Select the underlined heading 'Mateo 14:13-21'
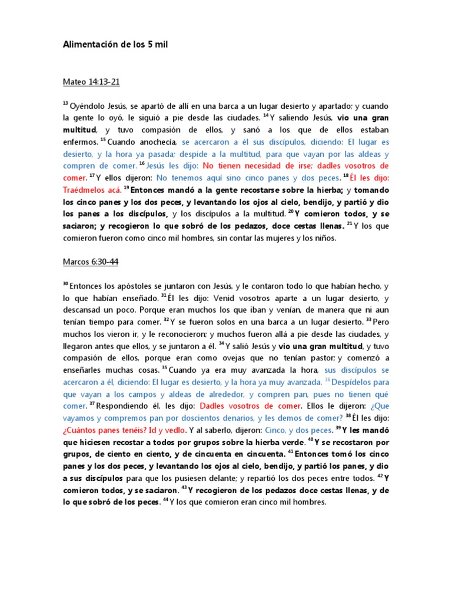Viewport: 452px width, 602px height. pos(91,82)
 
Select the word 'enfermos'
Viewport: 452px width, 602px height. pos(80,142)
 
